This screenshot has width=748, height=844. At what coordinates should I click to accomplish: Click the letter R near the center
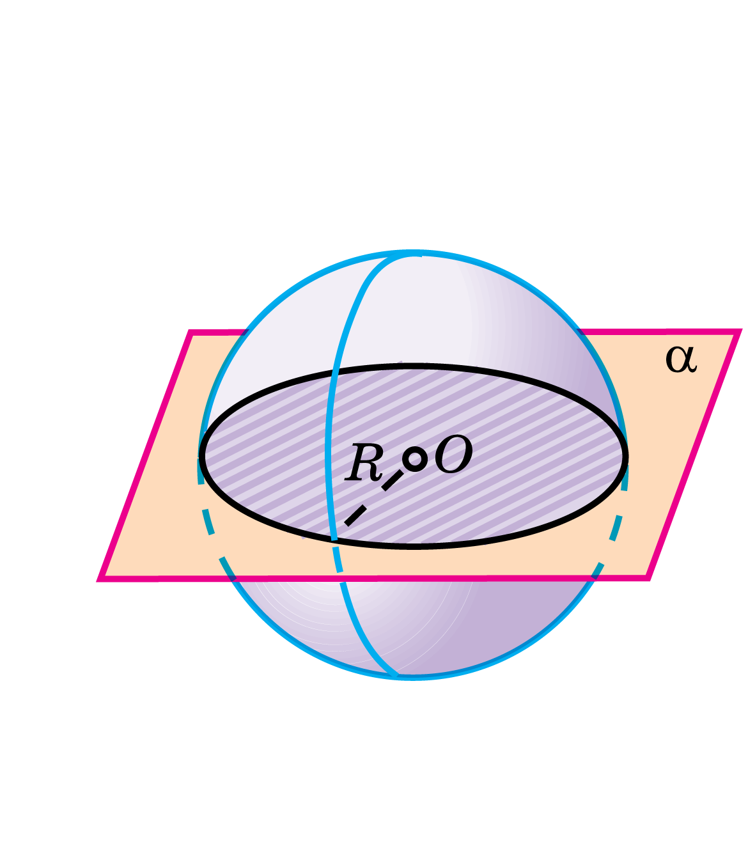[364, 464]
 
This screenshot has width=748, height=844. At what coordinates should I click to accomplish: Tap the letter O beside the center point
[453, 457]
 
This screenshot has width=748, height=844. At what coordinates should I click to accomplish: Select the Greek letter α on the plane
[680, 359]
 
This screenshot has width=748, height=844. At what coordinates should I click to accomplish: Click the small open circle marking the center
[415, 459]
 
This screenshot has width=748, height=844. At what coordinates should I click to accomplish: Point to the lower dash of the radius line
[355, 515]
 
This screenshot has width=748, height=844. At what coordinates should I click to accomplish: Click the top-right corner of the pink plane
[739, 331]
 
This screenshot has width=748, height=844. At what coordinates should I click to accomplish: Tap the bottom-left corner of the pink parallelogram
[101, 579]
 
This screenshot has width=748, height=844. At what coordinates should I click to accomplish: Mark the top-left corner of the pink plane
[191, 332]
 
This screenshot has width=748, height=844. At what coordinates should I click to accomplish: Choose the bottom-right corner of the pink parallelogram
[648, 577]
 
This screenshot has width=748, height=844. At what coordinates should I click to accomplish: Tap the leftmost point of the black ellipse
[201, 456]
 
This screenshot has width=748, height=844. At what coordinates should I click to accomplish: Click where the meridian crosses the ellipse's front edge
[334, 540]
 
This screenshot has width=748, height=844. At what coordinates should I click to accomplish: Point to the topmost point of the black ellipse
[414, 366]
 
